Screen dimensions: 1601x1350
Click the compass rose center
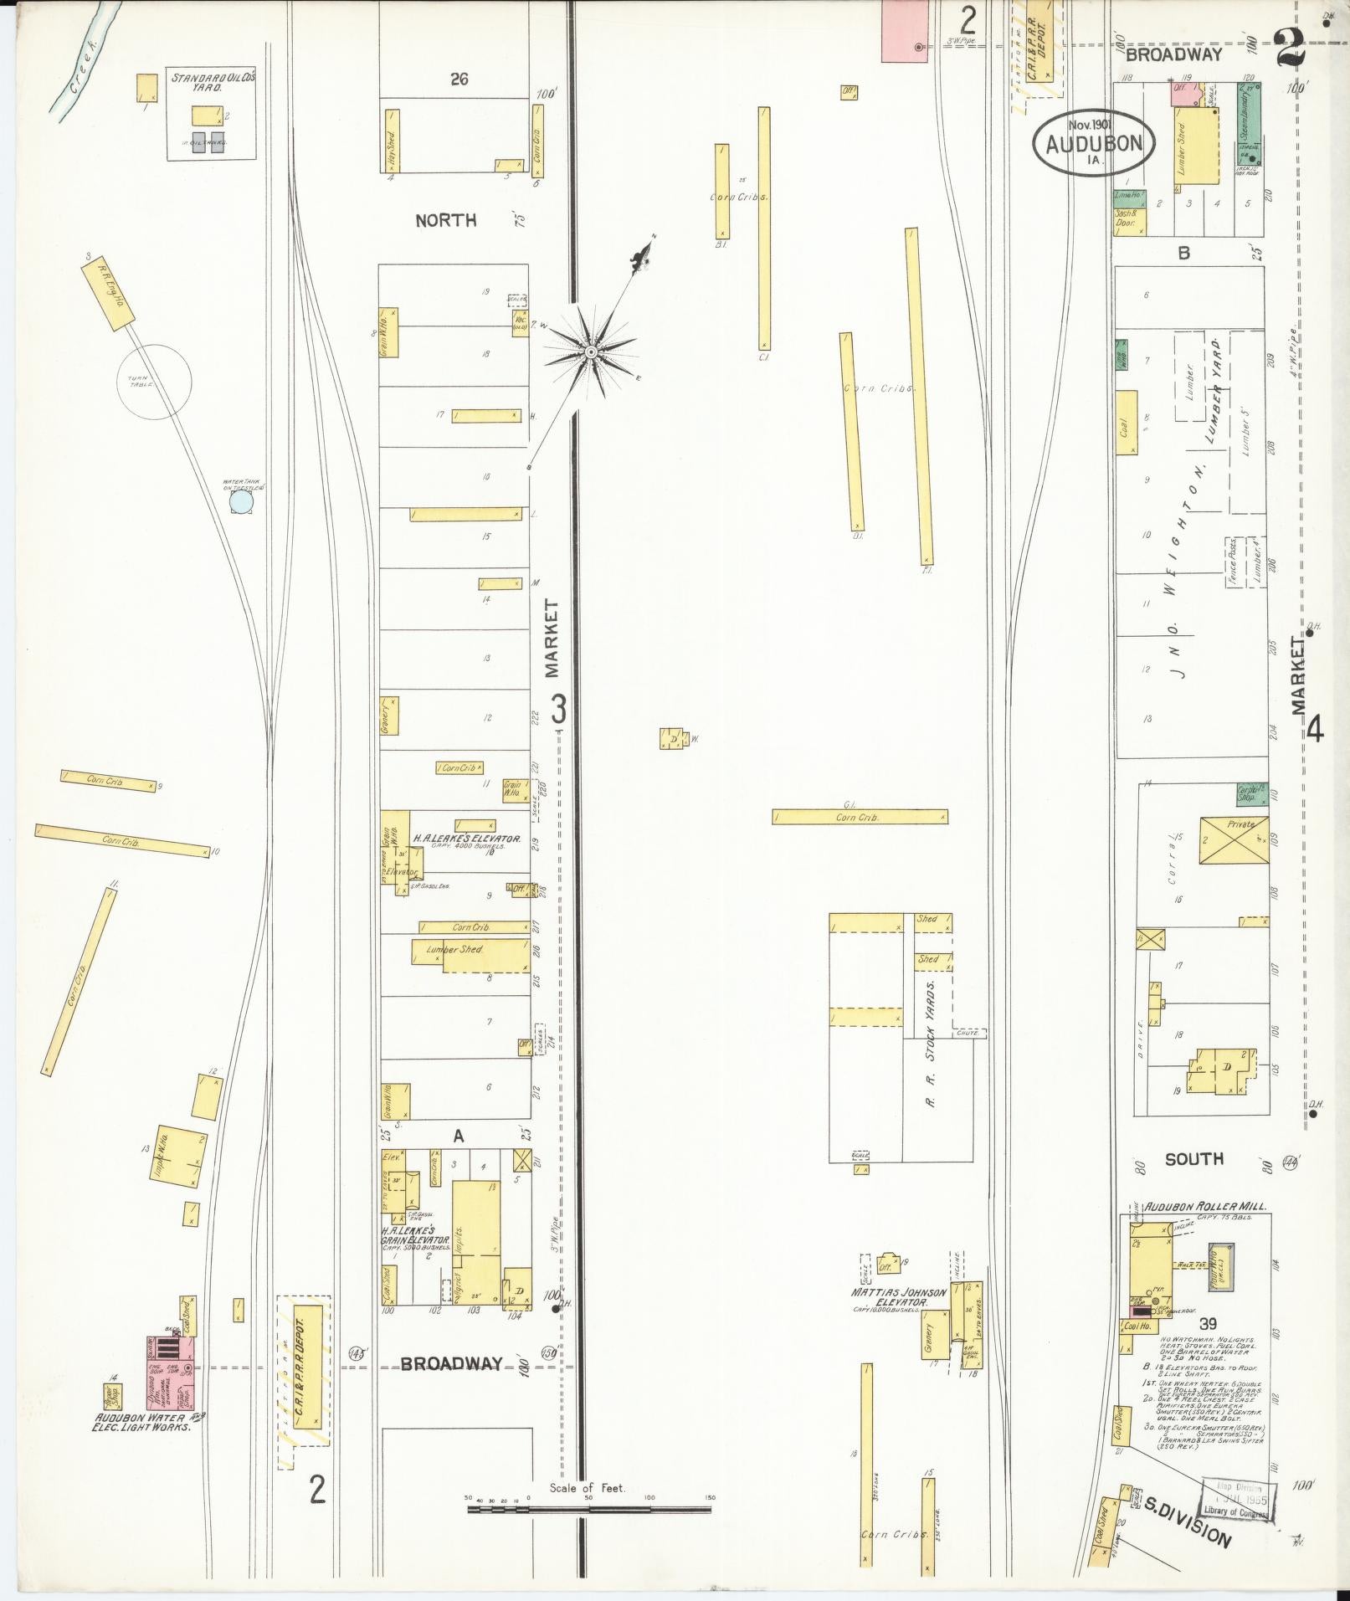coord(590,351)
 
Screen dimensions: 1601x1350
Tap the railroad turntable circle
coord(153,382)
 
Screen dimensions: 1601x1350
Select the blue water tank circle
coord(241,501)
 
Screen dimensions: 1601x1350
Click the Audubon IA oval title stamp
coord(1094,142)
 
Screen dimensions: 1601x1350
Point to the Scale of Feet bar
coord(588,923)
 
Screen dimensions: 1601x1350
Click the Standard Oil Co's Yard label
coord(213,82)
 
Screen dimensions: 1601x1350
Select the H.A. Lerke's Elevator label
coord(467,839)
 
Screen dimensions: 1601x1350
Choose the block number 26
coord(458,80)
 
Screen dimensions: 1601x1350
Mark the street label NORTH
coord(446,220)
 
